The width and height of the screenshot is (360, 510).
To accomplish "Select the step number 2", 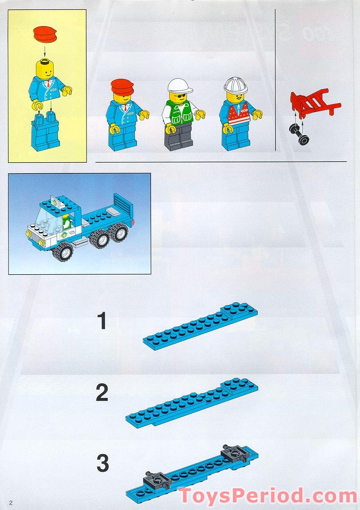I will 102,393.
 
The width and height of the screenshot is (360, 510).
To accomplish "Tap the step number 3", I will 103,464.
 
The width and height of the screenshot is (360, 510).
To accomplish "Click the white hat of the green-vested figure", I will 179,85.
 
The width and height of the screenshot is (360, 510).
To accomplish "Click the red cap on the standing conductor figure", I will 122,85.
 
